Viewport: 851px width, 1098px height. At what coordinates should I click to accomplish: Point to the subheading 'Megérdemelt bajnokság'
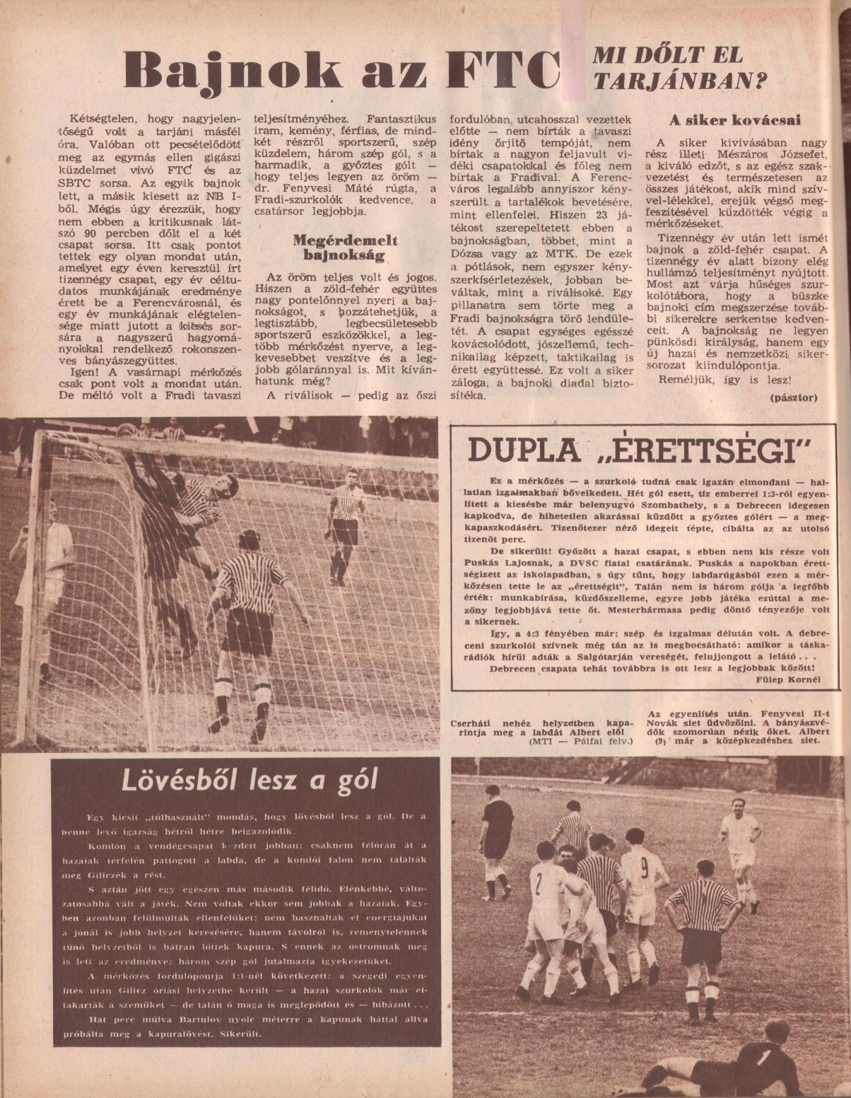(346, 247)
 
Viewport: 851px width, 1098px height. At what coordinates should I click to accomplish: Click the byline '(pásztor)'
(793, 397)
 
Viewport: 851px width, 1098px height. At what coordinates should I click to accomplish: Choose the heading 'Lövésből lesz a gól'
(250, 780)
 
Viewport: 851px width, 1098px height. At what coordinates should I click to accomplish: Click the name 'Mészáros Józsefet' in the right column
(775, 152)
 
